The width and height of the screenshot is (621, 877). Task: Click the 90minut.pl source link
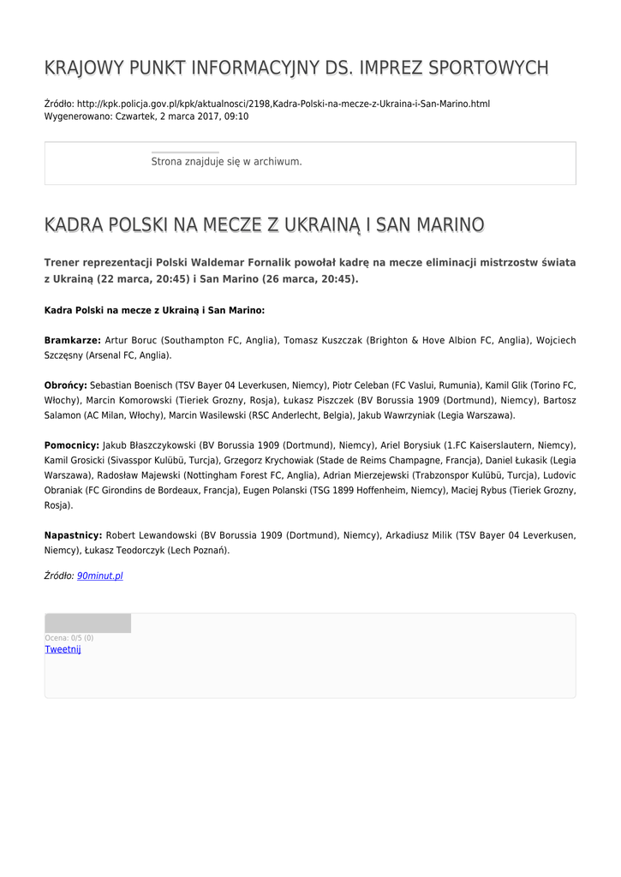(x=100, y=576)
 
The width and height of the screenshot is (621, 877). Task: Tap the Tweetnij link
(x=63, y=650)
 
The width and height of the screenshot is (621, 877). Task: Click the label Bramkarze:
(x=73, y=341)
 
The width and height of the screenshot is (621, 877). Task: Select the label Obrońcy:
(x=66, y=386)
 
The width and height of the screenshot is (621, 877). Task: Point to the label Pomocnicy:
(x=72, y=446)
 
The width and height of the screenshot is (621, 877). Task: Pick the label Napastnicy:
(x=73, y=535)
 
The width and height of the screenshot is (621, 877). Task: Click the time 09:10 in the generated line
(x=236, y=116)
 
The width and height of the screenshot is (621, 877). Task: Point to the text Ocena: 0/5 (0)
(x=69, y=638)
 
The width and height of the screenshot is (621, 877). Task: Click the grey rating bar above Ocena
(x=87, y=623)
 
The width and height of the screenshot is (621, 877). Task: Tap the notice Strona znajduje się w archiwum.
(x=226, y=161)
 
